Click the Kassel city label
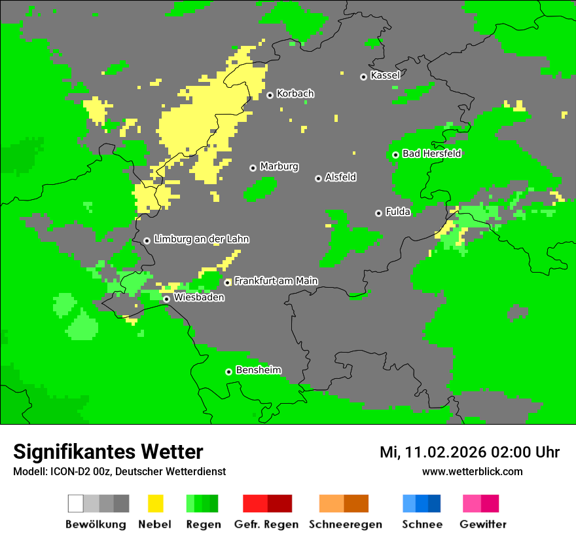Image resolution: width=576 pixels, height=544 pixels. point(385,75)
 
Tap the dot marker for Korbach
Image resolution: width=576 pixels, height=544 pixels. point(270,95)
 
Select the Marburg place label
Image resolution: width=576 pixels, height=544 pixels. point(279,166)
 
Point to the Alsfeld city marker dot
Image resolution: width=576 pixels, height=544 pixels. point(318,178)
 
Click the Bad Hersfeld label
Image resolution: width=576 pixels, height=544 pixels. point(431,153)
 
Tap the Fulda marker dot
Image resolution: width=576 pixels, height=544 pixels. point(378,213)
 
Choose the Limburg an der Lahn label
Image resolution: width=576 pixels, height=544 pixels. point(201,239)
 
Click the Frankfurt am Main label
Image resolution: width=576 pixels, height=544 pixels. point(276,281)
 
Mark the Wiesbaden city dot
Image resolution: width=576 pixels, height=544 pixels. point(167,299)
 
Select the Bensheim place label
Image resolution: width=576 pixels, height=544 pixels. point(258,370)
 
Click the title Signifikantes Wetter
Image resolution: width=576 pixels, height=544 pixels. point(108,452)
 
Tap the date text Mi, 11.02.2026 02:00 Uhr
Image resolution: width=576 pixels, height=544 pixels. point(469,452)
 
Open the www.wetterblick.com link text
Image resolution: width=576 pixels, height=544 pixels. point(472,471)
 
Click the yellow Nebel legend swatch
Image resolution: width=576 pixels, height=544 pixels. point(155,503)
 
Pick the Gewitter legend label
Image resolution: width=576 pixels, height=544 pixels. point(482,524)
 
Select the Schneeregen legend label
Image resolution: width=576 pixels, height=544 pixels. point(346,524)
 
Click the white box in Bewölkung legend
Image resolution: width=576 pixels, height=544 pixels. point(76,503)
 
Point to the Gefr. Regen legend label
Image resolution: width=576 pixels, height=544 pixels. point(266,524)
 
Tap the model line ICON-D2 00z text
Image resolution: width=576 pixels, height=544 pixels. point(119,471)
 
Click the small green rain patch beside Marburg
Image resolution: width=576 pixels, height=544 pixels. point(260,189)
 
